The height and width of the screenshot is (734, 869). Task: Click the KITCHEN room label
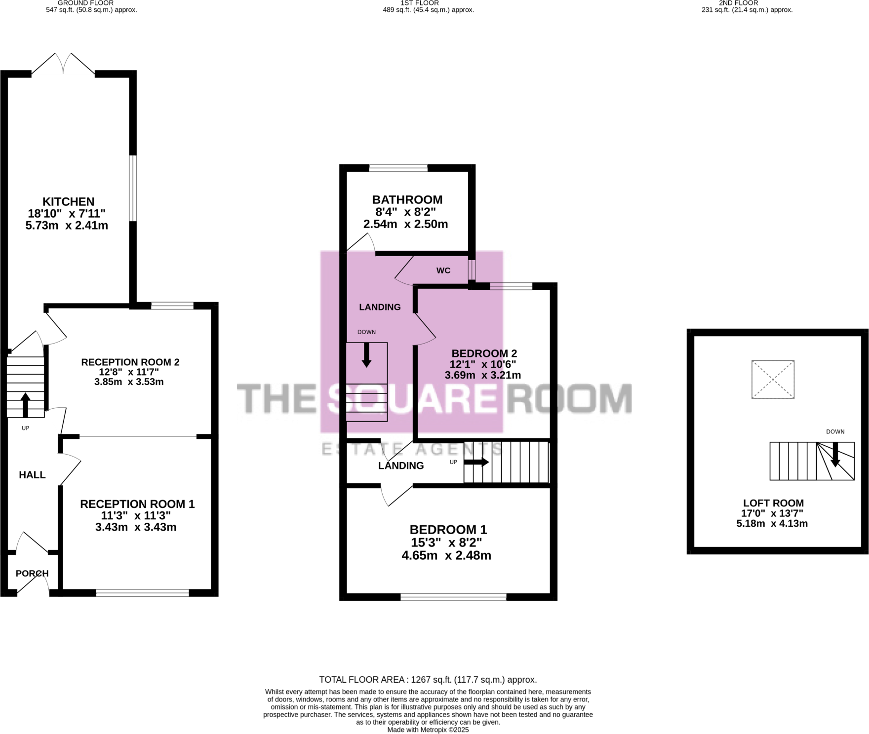point(68,202)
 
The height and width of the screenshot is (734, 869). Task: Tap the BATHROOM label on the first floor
point(407,200)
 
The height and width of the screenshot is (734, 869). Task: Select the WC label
point(443,270)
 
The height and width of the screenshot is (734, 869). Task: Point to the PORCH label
point(32,574)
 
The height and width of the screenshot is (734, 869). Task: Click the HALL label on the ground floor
point(32,475)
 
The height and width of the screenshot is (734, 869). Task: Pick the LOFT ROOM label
point(773,503)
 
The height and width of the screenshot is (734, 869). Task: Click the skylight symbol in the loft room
point(773,379)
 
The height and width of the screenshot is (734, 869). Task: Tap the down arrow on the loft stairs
point(835,454)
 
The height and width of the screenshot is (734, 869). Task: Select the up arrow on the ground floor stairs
point(25,405)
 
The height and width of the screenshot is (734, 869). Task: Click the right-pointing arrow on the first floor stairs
point(476,463)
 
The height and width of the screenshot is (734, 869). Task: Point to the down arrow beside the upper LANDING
point(366,355)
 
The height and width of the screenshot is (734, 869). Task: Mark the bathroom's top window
point(398,168)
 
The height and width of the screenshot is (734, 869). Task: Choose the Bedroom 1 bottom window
point(453,597)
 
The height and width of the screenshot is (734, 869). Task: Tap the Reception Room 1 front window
point(142,593)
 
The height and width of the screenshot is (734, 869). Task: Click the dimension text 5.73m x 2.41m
point(67,226)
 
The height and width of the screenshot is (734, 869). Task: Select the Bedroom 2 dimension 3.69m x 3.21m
point(482,375)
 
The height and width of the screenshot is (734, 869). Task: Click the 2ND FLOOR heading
point(738,3)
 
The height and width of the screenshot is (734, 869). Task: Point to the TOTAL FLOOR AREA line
point(428,680)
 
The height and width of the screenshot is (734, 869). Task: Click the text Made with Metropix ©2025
point(428,730)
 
